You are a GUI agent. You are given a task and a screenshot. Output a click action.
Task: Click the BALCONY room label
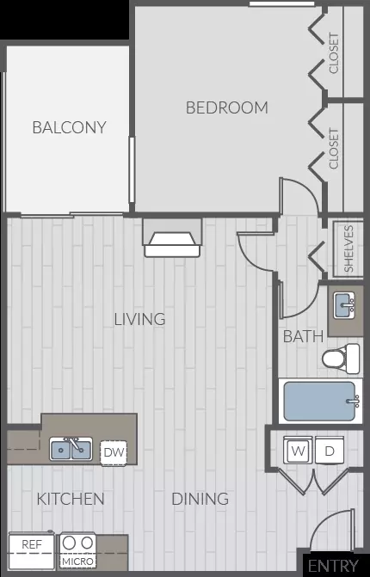69,127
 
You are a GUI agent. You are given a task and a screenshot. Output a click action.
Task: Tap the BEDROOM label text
227,107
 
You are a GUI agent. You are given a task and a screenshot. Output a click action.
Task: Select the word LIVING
139,319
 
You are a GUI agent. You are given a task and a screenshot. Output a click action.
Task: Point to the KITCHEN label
71,499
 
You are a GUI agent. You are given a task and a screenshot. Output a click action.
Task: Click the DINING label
200,499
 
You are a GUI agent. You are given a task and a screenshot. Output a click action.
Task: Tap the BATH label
303,336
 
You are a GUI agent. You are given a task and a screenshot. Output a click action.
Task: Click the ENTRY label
333,566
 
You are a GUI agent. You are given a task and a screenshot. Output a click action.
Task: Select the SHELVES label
348,249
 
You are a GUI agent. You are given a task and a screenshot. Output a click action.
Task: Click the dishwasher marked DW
114,452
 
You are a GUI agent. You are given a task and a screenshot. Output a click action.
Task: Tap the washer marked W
299,450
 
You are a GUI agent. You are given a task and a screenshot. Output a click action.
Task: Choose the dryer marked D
330,450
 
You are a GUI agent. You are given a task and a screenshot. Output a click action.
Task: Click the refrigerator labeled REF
32,550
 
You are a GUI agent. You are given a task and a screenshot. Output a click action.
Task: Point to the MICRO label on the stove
77,562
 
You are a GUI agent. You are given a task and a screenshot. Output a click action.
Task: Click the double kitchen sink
71,449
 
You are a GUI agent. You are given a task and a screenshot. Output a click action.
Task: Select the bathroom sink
344,305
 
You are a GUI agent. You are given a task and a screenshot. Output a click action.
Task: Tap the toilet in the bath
341,359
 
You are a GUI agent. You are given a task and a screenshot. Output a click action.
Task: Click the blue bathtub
319,401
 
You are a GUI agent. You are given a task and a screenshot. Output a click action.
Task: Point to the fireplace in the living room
172,238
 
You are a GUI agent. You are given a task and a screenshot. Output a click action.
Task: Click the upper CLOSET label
334,53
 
